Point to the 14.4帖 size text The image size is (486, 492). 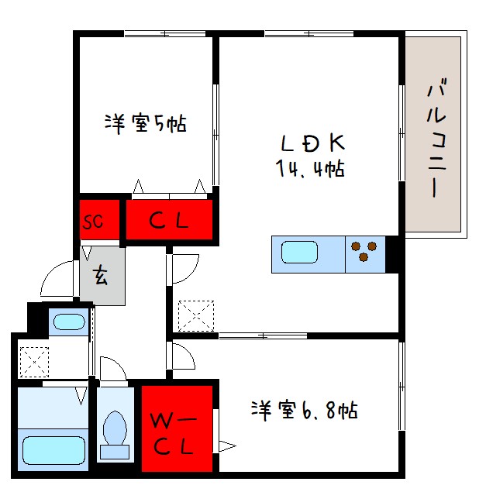309,168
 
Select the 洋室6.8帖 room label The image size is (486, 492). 303,410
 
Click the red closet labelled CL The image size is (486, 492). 168,221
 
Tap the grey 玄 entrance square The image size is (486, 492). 102,275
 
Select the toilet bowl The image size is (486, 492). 116,429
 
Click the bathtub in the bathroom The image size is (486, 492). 53,449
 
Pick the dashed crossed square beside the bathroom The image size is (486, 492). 33,360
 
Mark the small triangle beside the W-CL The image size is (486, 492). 226,445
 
